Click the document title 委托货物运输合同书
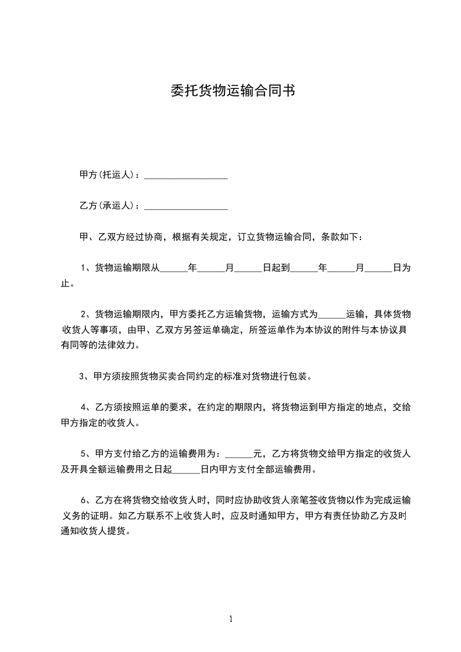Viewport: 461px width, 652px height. point(231,91)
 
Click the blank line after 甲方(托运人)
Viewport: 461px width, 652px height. point(185,175)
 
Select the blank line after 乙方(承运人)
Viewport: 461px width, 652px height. point(185,206)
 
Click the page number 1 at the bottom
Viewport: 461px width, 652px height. point(231,619)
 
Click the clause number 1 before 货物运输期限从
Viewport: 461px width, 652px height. point(84,268)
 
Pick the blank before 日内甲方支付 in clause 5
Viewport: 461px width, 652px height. point(186,470)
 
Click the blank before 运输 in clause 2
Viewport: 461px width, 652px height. point(332,315)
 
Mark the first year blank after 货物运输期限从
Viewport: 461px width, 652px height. point(174,269)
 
